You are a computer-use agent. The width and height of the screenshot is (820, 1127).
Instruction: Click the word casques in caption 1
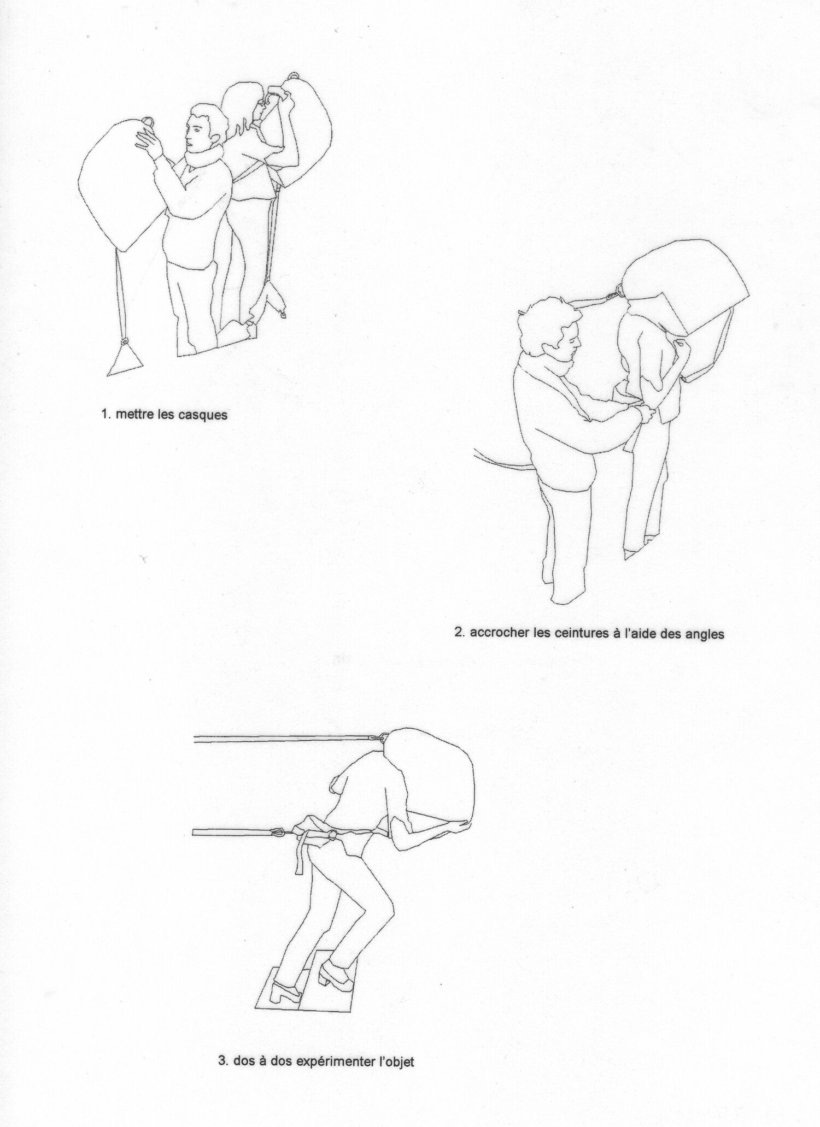click(x=204, y=415)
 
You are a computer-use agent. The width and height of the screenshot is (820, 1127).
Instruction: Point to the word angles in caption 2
click(x=706, y=635)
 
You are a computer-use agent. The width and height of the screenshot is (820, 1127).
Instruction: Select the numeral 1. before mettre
click(x=106, y=414)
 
